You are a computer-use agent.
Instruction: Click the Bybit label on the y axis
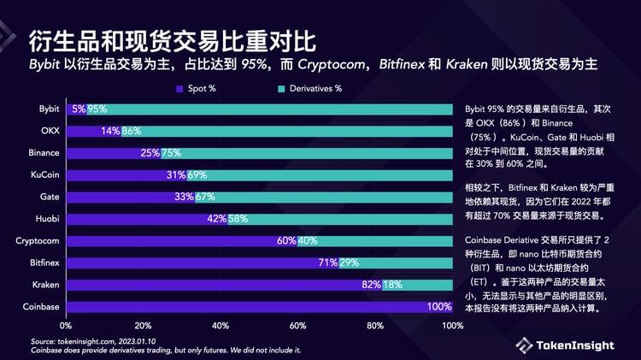click(x=48, y=109)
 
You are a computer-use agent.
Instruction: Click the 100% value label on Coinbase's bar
click(x=439, y=306)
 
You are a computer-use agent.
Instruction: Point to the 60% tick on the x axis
click(x=298, y=326)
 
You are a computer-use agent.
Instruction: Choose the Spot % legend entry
click(x=203, y=88)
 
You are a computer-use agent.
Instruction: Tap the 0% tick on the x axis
click(x=66, y=326)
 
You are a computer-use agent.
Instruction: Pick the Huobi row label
click(x=47, y=219)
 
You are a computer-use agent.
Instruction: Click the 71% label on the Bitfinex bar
click(x=329, y=263)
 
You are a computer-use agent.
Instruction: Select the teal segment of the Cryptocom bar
click(x=385, y=240)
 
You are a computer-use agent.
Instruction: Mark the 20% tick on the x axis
click(x=144, y=326)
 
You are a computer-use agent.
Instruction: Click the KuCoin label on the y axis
click(x=46, y=175)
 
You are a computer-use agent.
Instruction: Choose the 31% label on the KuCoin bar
click(x=175, y=175)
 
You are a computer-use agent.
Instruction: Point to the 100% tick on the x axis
click(x=452, y=326)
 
